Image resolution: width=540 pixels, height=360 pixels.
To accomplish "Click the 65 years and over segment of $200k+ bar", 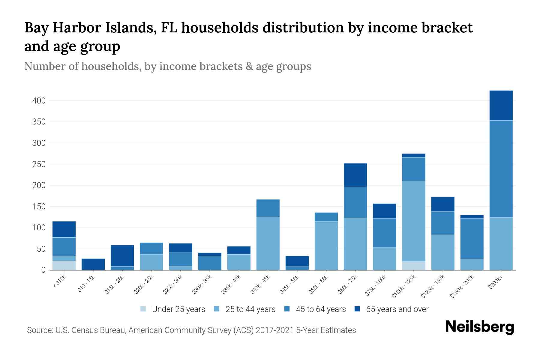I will point(501,105).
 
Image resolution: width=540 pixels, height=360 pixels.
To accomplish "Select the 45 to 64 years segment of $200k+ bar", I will point(501,169).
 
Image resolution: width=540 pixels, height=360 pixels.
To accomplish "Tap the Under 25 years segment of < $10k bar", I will point(64,265).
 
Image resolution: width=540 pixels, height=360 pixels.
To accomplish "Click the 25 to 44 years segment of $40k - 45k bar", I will point(268,243).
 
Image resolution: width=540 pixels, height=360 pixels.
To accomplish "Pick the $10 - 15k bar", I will point(93,264).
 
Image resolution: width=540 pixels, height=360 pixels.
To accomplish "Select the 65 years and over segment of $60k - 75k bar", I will point(355,175).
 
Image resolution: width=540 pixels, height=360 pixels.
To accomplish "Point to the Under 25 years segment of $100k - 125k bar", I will point(413,266).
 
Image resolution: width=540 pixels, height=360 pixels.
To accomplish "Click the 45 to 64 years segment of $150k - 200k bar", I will point(472,238).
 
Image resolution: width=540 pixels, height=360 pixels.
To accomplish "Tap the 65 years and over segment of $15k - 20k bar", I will point(122,256).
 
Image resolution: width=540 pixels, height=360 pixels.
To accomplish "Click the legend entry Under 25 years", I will point(178,309).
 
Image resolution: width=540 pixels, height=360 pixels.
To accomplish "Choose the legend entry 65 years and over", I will point(397,309).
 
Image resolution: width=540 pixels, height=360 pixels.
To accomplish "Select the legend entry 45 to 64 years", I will point(321,309).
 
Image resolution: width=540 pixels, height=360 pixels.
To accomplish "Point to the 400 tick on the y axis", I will point(39,101).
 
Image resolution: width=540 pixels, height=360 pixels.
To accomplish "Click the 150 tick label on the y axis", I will point(39,207).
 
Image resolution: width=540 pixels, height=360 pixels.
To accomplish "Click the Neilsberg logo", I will point(479,327).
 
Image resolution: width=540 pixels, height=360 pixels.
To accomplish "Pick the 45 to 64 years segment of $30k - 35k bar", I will point(209,263).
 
